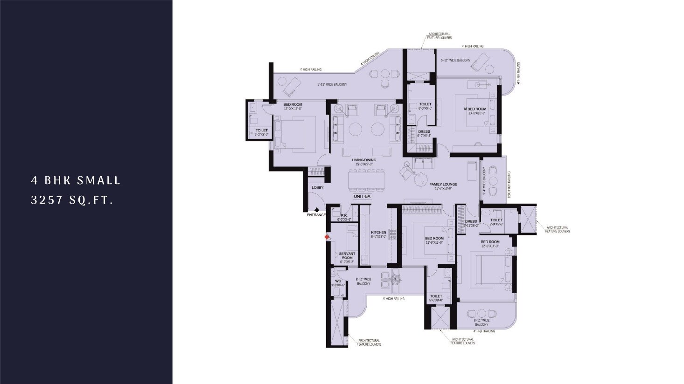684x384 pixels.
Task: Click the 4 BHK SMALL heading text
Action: [76, 180]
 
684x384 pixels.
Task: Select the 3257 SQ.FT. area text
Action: [72, 200]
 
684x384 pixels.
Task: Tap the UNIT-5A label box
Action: [362, 197]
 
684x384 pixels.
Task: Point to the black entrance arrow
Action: [317, 210]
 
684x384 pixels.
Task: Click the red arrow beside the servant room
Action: [327, 237]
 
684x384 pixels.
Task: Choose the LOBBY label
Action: [318, 188]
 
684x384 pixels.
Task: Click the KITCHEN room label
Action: [378, 232]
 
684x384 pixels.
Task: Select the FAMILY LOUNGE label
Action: [443, 184]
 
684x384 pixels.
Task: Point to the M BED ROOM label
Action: [475, 109]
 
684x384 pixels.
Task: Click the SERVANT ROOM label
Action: [347, 255]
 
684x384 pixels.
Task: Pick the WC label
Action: [338, 281]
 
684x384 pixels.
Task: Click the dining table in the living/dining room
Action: [366, 180]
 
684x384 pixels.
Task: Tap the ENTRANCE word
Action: [316, 215]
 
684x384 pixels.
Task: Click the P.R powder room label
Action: [343, 215]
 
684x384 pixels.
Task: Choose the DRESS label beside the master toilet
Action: [424, 131]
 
